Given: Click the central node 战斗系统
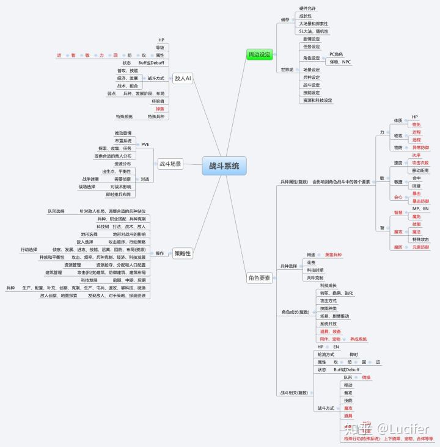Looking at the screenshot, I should pos(224,165).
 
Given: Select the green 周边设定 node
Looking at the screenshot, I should pos(259,54).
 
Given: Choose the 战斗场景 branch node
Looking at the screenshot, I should pos(170,164).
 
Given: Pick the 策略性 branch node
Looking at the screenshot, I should pos(182,253).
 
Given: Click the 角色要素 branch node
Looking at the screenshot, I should pos(259,278).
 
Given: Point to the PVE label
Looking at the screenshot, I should pos(145,144).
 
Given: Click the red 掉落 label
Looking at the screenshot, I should pos(159,108).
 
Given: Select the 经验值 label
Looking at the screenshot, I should pos(158,100).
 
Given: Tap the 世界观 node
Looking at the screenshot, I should pos(287,70).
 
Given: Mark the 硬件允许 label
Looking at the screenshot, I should pos(308,7).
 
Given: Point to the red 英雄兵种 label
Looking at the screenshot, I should pos(333,254).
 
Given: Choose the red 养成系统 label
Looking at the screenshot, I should pos(359,338).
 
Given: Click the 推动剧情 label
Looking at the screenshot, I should pos(123,133).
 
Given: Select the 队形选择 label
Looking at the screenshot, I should pos(56,211).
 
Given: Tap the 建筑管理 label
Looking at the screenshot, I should pos(54,272).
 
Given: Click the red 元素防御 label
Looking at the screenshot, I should pos(420,247).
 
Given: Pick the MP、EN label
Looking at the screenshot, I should pos(421,208).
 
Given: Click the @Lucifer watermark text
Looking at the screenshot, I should pos(404,430).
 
